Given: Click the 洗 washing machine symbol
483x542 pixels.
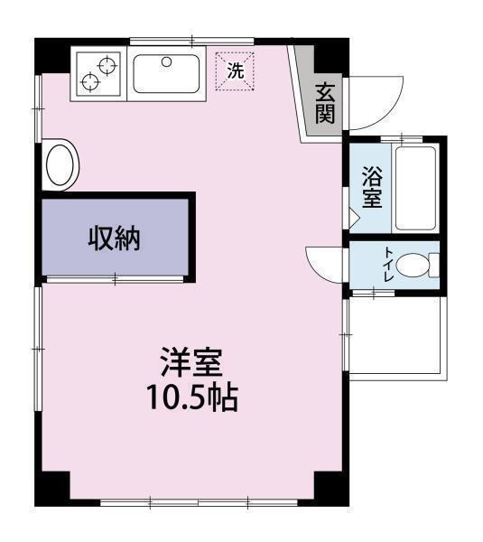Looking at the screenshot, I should tap(235, 70).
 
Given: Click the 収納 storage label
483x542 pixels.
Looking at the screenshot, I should tap(115, 238).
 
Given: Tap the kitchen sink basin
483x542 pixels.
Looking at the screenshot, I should tap(167, 74).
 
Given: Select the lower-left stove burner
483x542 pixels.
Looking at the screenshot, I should tap(90, 82).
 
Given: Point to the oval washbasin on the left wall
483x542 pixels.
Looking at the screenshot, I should tap(61, 165).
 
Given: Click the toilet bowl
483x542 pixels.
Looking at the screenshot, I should tap(415, 266).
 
